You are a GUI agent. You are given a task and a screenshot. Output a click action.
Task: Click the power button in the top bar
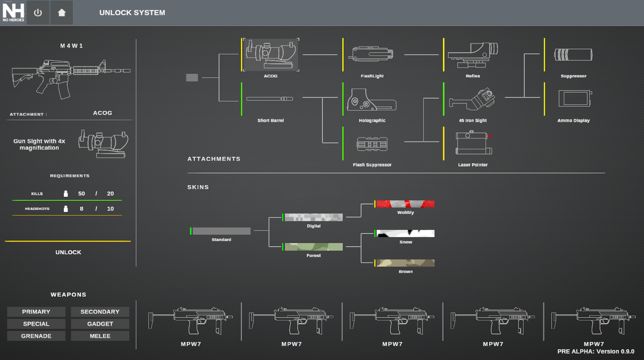(x=38, y=12)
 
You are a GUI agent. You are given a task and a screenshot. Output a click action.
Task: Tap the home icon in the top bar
(x=62, y=12)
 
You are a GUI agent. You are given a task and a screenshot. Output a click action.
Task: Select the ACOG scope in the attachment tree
(x=270, y=54)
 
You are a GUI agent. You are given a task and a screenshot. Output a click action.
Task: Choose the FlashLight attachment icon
(x=372, y=54)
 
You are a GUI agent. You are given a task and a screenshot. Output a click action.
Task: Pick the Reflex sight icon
(x=473, y=54)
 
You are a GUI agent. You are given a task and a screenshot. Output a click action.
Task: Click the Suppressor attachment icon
(x=574, y=54)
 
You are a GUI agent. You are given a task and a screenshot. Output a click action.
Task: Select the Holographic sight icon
(x=372, y=99)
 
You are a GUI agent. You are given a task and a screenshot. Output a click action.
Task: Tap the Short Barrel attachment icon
(x=270, y=99)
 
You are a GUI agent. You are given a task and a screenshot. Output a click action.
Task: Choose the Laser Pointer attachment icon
(x=473, y=143)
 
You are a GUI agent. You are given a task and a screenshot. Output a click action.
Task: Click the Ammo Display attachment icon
(x=574, y=99)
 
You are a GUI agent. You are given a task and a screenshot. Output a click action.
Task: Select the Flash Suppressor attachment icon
(x=372, y=144)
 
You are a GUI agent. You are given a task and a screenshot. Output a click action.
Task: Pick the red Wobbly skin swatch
(x=405, y=204)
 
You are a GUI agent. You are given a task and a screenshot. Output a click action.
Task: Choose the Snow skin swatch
(x=405, y=233)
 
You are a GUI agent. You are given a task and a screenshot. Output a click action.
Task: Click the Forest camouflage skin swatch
(x=313, y=247)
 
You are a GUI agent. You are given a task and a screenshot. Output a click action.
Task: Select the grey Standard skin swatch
(x=221, y=231)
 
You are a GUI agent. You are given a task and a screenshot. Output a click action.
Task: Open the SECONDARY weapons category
(x=100, y=312)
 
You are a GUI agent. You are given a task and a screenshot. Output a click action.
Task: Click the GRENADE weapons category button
(x=36, y=336)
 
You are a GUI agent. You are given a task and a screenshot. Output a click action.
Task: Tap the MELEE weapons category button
(x=100, y=336)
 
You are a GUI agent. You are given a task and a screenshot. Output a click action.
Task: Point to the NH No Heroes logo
(x=12, y=12)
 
